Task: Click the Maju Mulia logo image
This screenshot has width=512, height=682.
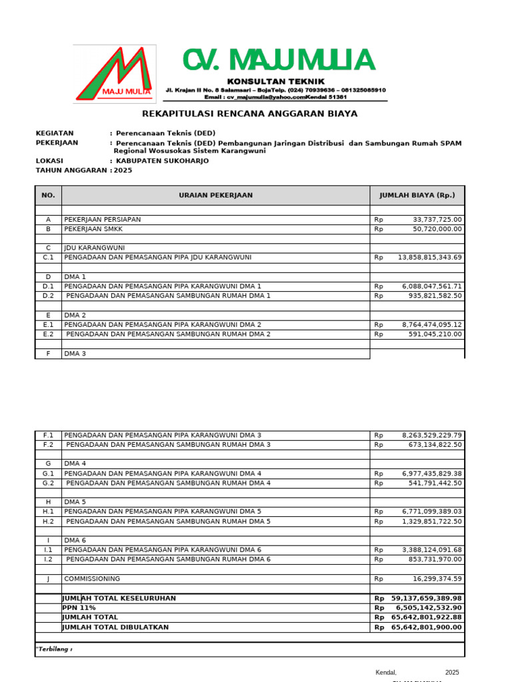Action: [x=114, y=74]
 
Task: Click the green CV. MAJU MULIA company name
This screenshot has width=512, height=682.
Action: [x=279, y=61]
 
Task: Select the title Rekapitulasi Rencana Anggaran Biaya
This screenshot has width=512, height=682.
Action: [x=250, y=114]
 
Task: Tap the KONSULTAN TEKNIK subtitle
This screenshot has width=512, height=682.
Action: [x=276, y=81]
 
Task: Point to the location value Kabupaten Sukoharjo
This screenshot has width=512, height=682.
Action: [x=162, y=161]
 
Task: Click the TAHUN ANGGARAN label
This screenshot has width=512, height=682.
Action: [x=71, y=170]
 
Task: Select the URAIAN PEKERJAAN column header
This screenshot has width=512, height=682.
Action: [x=215, y=195]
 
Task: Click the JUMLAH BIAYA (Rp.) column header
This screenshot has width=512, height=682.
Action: [x=417, y=195]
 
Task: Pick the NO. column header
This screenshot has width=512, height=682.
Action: [x=48, y=195]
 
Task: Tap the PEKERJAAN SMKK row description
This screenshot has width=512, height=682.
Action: [x=93, y=229]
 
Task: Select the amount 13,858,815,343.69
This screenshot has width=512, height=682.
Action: [x=429, y=257]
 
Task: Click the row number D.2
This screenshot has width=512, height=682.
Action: [x=48, y=296]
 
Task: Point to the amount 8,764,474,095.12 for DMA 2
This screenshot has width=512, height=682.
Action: [x=431, y=325]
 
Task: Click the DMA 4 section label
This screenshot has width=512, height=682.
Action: [x=75, y=464]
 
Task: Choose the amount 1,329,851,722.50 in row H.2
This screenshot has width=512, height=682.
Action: [x=431, y=521]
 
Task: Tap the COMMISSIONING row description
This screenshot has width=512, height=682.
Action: [x=92, y=579]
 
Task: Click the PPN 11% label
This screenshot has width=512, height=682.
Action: [x=79, y=608]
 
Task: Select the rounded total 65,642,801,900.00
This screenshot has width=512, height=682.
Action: [x=426, y=627]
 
